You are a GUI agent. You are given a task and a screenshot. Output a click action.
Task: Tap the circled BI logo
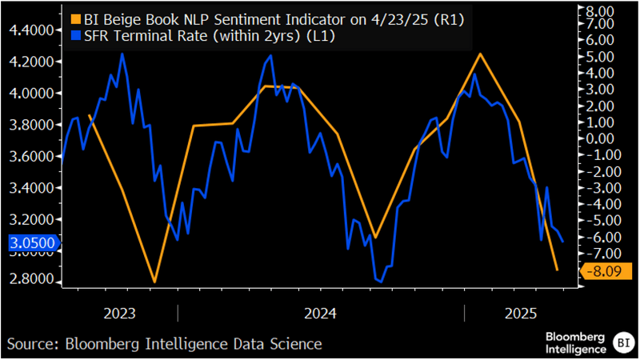tap(621, 342)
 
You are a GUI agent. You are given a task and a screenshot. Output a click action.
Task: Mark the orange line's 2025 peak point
tap(480, 54)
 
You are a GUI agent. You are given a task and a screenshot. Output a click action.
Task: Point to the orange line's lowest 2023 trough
tap(154, 282)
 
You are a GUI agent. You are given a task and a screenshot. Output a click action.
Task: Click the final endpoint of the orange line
tap(557, 270)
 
